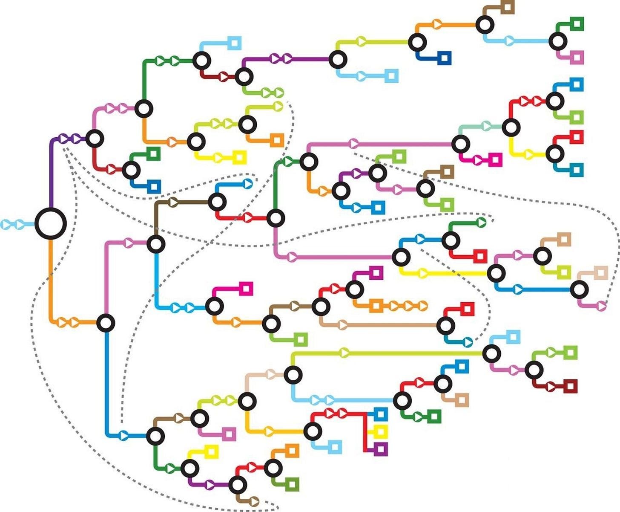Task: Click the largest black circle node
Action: [51, 223]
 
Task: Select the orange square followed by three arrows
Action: [375, 305]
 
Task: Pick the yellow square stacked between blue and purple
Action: [380, 431]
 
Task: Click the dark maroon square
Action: [570, 386]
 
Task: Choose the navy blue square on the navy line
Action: [444, 58]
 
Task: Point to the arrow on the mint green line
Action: [486, 126]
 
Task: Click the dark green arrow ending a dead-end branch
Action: [481, 222]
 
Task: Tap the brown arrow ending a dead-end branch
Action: [254, 500]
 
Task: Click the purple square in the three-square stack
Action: [380, 448]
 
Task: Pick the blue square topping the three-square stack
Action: [380, 414]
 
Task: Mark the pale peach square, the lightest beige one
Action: [600, 272]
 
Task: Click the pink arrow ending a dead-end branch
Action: [601, 305]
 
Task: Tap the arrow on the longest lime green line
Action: [345, 353]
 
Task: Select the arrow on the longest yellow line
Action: [423, 273]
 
